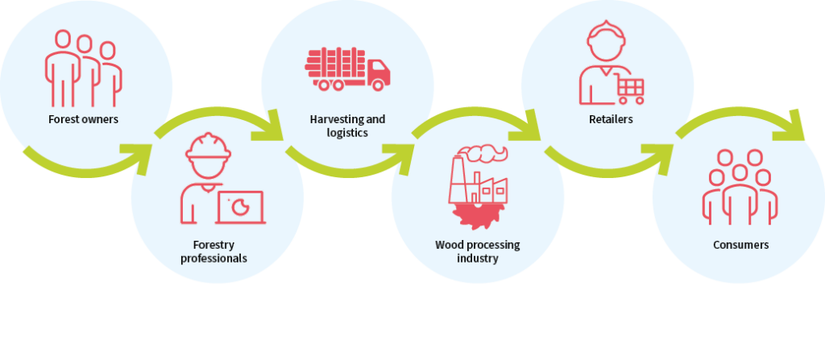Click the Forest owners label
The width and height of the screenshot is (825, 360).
[x=83, y=119]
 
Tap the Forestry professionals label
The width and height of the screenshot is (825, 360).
[x=214, y=251]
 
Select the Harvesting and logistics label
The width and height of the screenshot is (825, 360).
[x=347, y=126]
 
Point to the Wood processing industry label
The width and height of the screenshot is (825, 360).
[x=477, y=251]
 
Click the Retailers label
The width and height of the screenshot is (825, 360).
[x=611, y=119]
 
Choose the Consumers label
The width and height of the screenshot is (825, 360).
[x=741, y=245]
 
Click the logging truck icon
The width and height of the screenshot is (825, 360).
[x=347, y=69]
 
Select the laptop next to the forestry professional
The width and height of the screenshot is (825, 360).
[x=240, y=207]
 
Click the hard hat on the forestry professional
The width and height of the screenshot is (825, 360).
[x=209, y=146]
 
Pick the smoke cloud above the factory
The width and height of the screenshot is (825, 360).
[x=482, y=153]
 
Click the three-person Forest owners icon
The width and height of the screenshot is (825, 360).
[x=83, y=68]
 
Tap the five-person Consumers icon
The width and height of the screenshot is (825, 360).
[x=740, y=188]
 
